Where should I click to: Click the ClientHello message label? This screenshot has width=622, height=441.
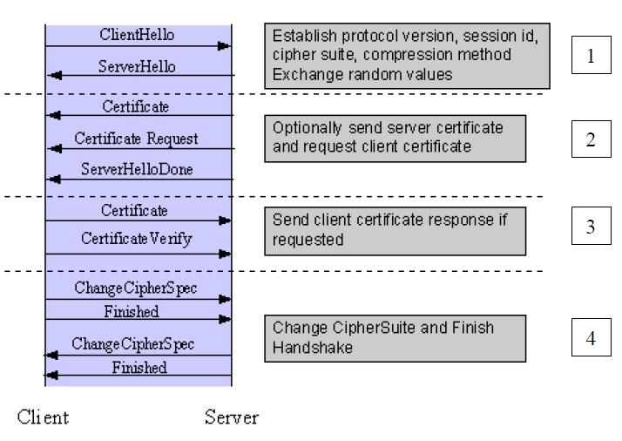pyautogui.click(x=137, y=35)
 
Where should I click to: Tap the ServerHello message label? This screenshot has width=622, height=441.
pyautogui.click(x=137, y=66)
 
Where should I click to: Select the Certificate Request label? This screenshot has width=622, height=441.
pyautogui.click(x=136, y=139)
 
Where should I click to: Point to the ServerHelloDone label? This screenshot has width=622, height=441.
pyautogui.click(x=137, y=169)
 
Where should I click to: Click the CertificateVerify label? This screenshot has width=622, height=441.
pyautogui.click(x=137, y=239)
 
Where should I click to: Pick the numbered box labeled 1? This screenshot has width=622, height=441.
pyautogui.click(x=591, y=55)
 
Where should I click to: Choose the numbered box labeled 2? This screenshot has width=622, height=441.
pyautogui.click(x=591, y=139)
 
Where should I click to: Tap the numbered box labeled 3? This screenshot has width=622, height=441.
pyautogui.click(x=591, y=226)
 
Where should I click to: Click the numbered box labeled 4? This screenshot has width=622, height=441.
pyautogui.click(x=591, y=337)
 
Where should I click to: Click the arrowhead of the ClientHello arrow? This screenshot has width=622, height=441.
pyautogui.click(x=224, y=46)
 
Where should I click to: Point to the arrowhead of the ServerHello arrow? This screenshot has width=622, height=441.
pyautogui.click(x=54, y=75)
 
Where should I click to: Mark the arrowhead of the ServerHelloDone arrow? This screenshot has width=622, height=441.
pyautogui.click(x=53, y=180)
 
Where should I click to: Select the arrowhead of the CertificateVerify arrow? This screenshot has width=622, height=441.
pyautogui.click(x=225, y=254)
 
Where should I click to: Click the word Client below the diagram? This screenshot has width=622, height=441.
pyautogui.click(x=43, y=417)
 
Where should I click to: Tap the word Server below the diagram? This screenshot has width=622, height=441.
pyautogui.click(x=232, y=417)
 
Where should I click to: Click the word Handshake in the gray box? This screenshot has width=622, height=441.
pyautogui.click(x=313, y=348)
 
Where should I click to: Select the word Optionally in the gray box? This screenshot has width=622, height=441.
pyautogui.click(x=307, y=128)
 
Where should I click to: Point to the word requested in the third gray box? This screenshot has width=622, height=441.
pyautogui.click(x=308, y=240)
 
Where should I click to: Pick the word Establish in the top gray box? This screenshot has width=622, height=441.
pyautogui.click(x=305, y=36)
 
